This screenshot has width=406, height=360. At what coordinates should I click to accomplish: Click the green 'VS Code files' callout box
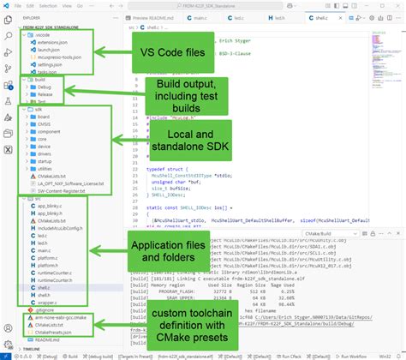[173, 53]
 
